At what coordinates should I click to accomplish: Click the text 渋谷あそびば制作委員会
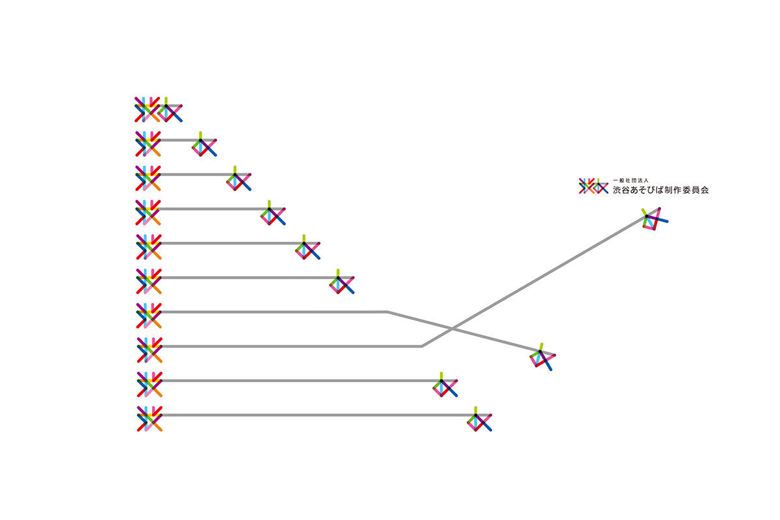pos(660,190)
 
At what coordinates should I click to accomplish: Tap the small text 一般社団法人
pos(630,181)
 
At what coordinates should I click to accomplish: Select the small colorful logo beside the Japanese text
pos(593,186)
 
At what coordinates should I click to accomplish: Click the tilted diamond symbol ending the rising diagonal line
pos(655,219)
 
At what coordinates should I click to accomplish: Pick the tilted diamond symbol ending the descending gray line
pos(542,357)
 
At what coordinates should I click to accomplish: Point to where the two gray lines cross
pos(452,328)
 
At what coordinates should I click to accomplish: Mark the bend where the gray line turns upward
pos(422,346)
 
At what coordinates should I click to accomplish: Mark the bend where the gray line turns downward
pos(387,312)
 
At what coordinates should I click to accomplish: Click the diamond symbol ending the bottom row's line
pos(479,419)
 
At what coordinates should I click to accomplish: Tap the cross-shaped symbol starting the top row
pos(148,109)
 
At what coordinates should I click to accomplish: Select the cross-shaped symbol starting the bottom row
pos(149,419)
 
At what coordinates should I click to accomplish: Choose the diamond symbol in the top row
pos(170,109)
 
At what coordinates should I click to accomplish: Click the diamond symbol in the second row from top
pos(204,144)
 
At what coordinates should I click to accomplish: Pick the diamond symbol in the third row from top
pos(239,178)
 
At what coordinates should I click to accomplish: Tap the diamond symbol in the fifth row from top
pos(307,247)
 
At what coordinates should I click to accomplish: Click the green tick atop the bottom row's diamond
pos(476,410)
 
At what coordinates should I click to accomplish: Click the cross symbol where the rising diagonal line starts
pos(149,350)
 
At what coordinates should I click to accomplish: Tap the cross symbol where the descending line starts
pos(149,315)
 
